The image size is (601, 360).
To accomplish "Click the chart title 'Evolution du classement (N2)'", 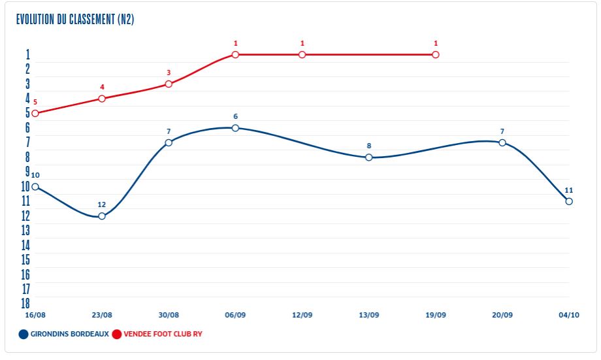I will click(75, 19).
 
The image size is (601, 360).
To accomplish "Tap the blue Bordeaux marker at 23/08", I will click(102, 216).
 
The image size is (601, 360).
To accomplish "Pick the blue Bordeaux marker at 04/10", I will click(569, 201).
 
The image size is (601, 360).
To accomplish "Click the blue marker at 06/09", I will click(235, 128).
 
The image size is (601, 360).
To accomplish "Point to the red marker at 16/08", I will click(35, 113).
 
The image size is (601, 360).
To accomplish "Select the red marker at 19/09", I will click(436, 55).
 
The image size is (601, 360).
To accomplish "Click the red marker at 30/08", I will click(169, 84).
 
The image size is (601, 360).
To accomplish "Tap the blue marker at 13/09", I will click(369, 157).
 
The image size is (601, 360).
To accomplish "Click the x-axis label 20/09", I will click(502, 315).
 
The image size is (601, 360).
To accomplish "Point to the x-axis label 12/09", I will click(302, 315).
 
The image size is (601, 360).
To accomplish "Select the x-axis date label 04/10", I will click(569, 315).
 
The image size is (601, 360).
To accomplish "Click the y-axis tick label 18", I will click(26, 303).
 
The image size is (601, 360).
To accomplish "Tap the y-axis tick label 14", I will click(26, 245).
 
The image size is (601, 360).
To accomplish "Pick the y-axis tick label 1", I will click(27, 54).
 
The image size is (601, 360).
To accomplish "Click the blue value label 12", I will click(102, 205).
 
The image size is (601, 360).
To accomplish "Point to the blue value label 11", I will click(569, 190).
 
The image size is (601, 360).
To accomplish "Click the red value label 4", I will click(102, 87).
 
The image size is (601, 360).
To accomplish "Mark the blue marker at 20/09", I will click(502, 142).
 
